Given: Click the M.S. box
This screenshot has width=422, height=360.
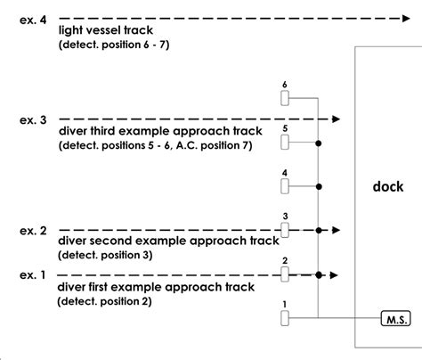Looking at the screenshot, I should pos(394,318).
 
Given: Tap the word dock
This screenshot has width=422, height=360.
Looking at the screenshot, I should pos(389,187).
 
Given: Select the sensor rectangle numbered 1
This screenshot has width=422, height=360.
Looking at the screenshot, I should pos(285,318).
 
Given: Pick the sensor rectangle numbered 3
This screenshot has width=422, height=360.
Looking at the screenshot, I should pos(285,231).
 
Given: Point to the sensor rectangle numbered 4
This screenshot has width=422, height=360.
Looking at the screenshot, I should pos(285,186).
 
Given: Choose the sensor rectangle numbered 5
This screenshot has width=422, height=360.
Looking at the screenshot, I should pos(285,143).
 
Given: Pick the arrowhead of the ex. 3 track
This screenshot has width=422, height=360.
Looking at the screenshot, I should pos(336,118).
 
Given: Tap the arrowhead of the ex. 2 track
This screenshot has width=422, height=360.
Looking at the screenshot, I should pos(335,230).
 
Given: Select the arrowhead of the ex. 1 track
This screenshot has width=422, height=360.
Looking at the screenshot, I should pos(335,274).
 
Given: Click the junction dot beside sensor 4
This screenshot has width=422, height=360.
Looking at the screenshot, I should pos(319,186).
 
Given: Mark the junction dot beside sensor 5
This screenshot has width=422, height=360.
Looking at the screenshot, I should pos(319,143).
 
